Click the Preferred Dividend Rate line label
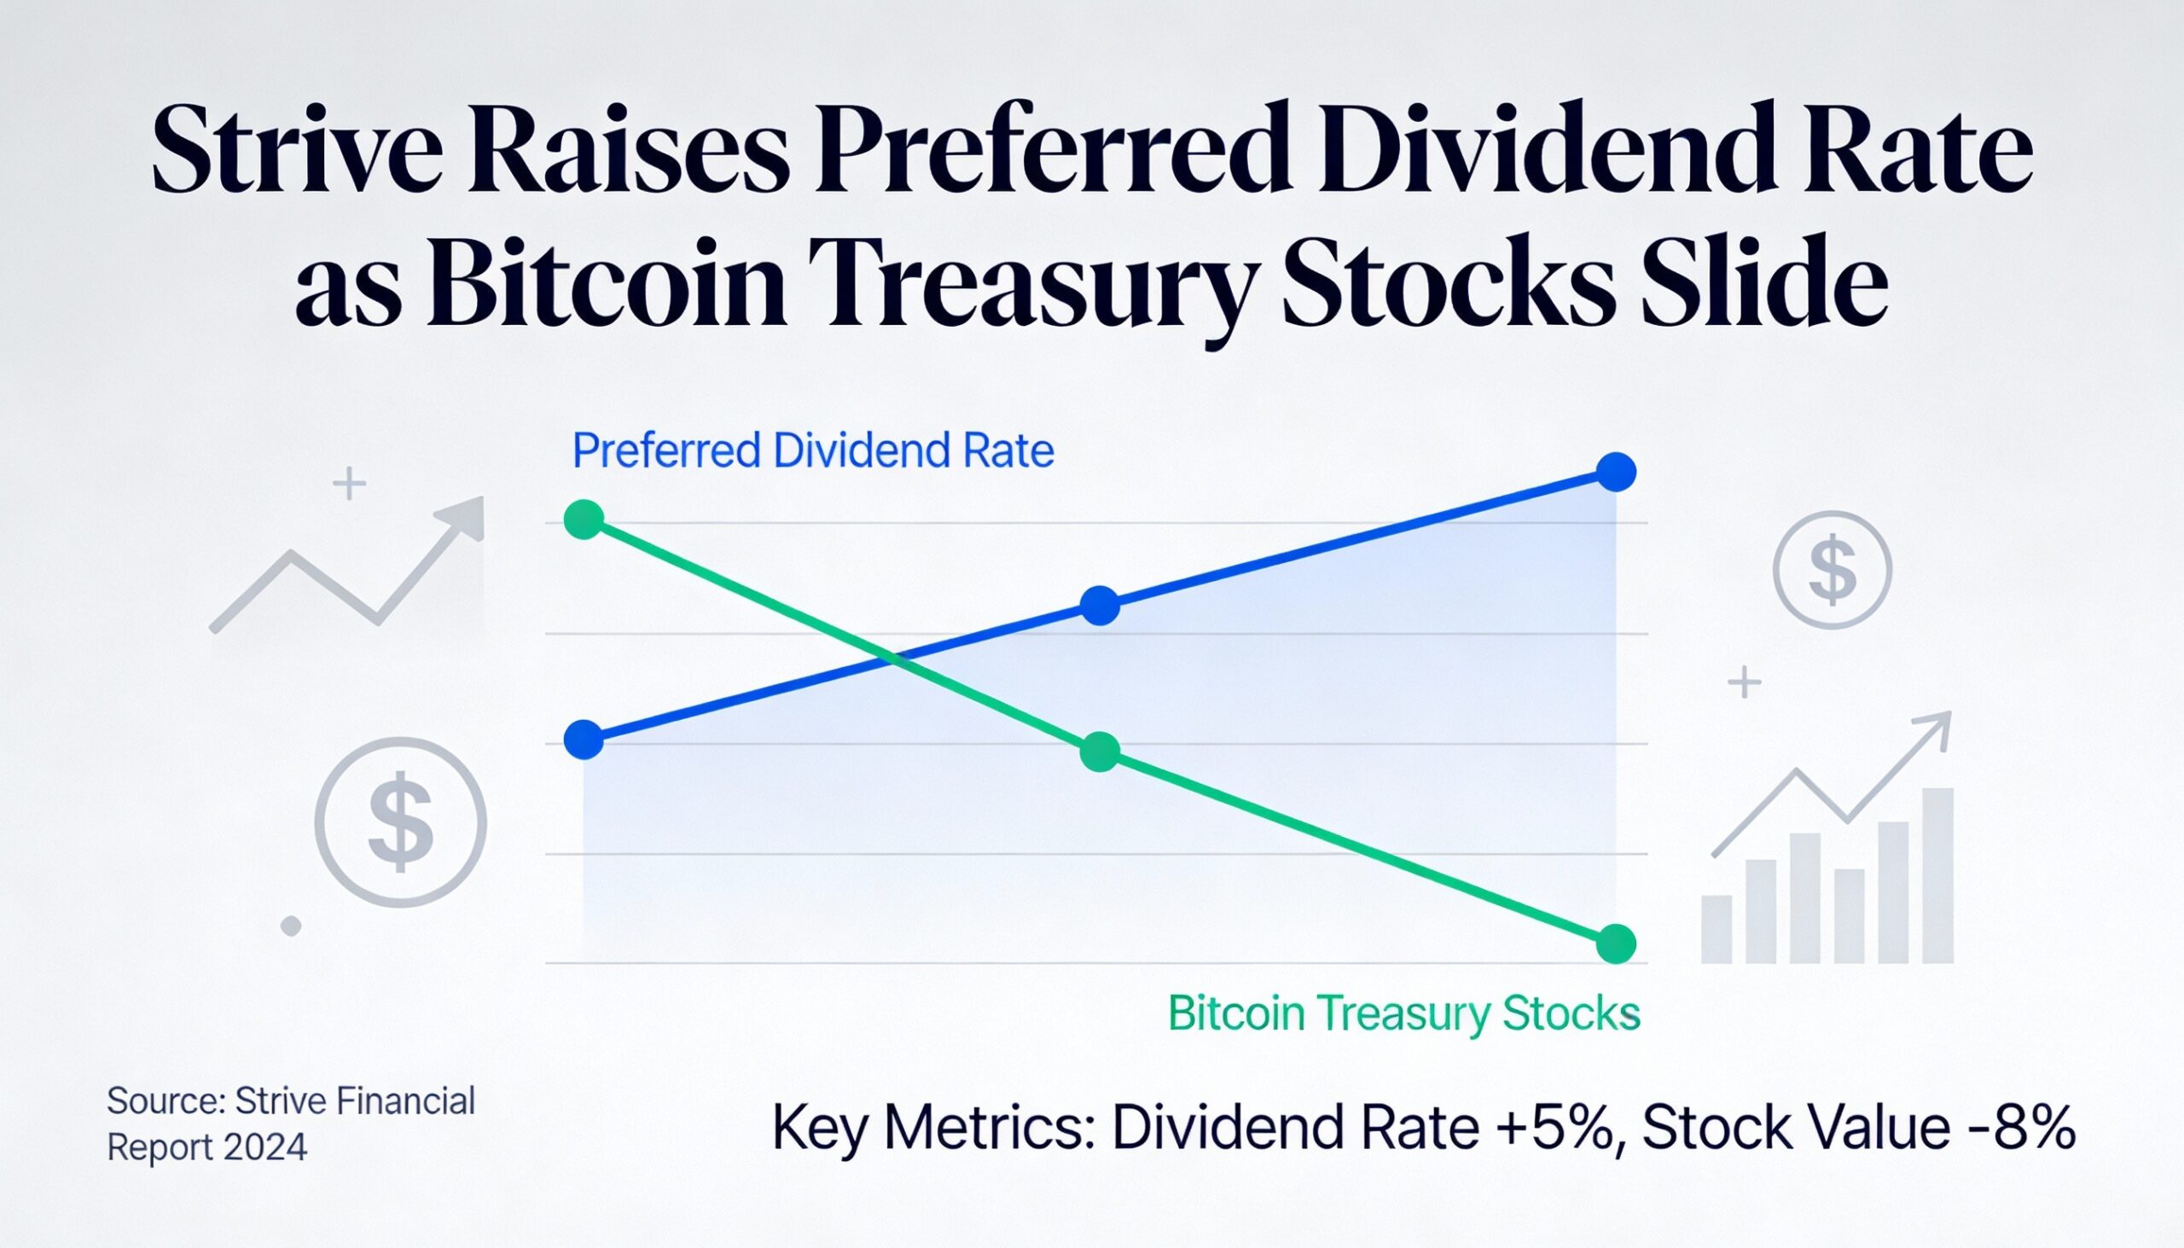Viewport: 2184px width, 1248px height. [811, 451]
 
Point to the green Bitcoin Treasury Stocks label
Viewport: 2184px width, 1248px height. [1403, 1013]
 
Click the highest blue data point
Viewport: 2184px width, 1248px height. [1617, 472]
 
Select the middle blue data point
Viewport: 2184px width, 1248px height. [1100, 606]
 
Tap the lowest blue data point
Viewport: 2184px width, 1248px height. [584, 740]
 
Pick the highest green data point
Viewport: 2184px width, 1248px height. [584, 520]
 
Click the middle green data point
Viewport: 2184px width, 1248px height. [1100, 752]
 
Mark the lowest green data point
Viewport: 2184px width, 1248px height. [1617, 943]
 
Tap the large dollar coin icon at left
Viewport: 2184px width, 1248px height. [400, 821]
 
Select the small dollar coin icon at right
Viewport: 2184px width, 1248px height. [1832, 570]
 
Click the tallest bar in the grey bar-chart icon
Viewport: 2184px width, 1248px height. [1937, 874]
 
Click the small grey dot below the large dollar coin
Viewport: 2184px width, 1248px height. [291, 926]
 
